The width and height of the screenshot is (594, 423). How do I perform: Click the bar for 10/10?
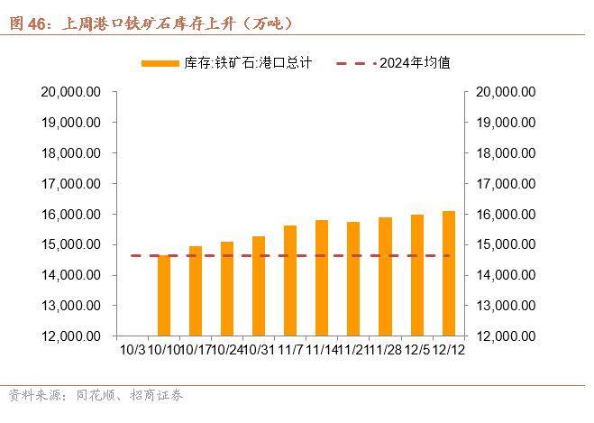tap(163, 295)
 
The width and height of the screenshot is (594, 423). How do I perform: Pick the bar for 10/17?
tap(195, 290)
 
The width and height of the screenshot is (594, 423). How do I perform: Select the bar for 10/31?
tap(258, 286)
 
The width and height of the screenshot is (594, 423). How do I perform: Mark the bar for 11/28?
tap(385, 276)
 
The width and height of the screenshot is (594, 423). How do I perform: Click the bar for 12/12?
tap(448, 273)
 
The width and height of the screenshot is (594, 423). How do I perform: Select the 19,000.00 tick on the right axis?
tap(506, 123)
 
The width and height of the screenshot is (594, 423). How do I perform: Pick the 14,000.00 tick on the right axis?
tap(506, 275)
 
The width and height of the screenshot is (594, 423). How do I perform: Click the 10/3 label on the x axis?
tap(132, 348)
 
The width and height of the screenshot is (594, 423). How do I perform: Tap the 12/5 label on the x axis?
tap(416, 348)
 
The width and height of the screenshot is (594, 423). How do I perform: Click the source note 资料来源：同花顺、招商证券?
tap(95, 395)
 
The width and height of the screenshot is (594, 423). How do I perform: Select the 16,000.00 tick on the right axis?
tap(506, 214)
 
